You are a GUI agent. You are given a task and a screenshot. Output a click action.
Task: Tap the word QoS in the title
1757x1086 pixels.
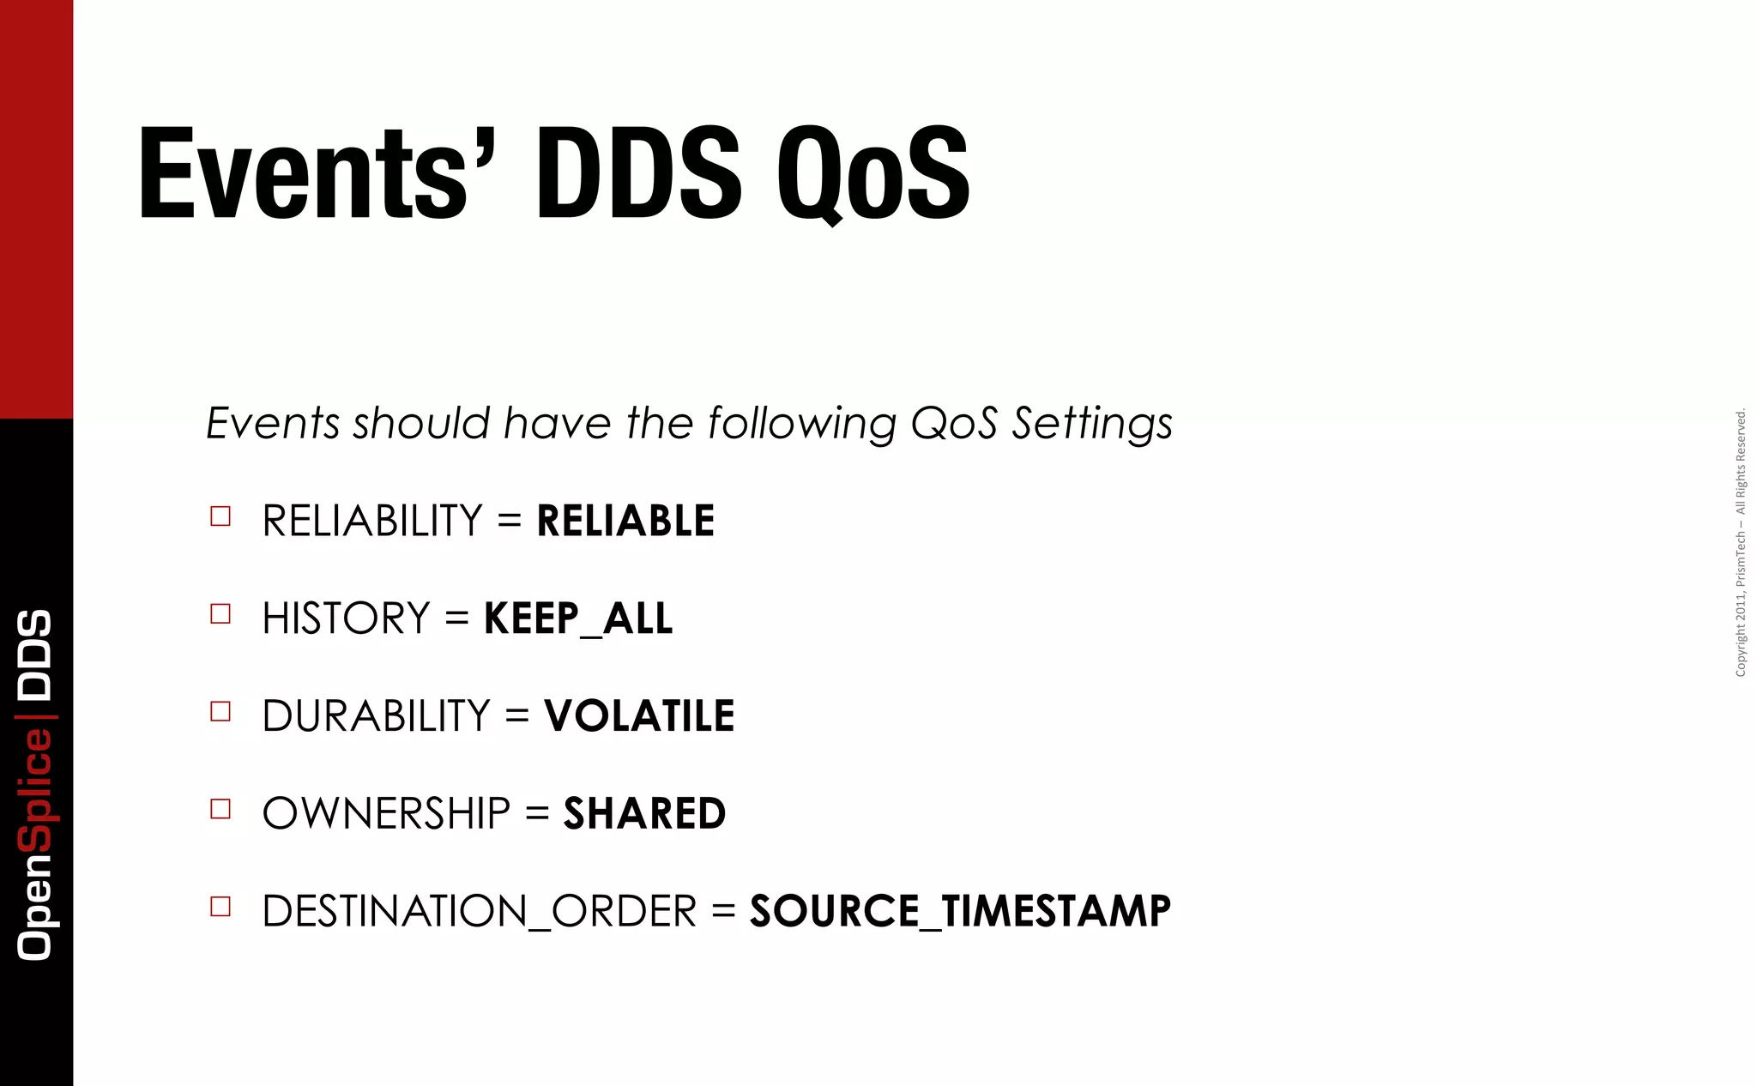(x=873, y=174)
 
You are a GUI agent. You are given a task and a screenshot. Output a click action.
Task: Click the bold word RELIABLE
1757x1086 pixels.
(x=625, y=521)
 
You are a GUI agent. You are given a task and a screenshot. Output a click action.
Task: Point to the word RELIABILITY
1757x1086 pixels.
(x=372, y=521)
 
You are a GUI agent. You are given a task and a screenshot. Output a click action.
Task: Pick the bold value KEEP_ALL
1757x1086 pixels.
(x=578, y=618)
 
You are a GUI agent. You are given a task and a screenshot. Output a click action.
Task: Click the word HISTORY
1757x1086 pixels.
(x=346, y=618)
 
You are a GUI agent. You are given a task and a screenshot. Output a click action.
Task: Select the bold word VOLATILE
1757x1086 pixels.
(x=639, y=715)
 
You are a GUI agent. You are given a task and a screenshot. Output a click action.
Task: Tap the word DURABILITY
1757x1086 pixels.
(x=376, y=715)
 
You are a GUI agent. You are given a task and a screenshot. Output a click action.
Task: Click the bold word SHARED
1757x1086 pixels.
(x=644, y=813)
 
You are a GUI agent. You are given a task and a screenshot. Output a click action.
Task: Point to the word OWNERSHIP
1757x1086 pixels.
(x=386, y=813)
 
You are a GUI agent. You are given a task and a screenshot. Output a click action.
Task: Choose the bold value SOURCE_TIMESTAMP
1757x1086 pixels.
(x=960, y=911)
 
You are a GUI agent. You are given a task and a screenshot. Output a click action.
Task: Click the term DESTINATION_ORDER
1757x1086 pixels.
(x=479, y=911)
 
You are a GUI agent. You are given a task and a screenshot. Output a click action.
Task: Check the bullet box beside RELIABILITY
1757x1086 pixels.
(x=220, y=516)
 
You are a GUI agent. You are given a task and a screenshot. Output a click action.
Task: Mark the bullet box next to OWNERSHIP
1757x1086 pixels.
(x=220, y=809)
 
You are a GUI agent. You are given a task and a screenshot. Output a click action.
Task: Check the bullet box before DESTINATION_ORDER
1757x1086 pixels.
(x=220, y=907)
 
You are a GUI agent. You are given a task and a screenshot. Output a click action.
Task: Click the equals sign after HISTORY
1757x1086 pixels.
(x=457, y=618)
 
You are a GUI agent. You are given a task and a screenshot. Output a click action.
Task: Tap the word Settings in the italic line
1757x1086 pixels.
(x=1091, y=424)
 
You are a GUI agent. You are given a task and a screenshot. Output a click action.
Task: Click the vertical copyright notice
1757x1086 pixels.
(x=1741, y=543)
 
